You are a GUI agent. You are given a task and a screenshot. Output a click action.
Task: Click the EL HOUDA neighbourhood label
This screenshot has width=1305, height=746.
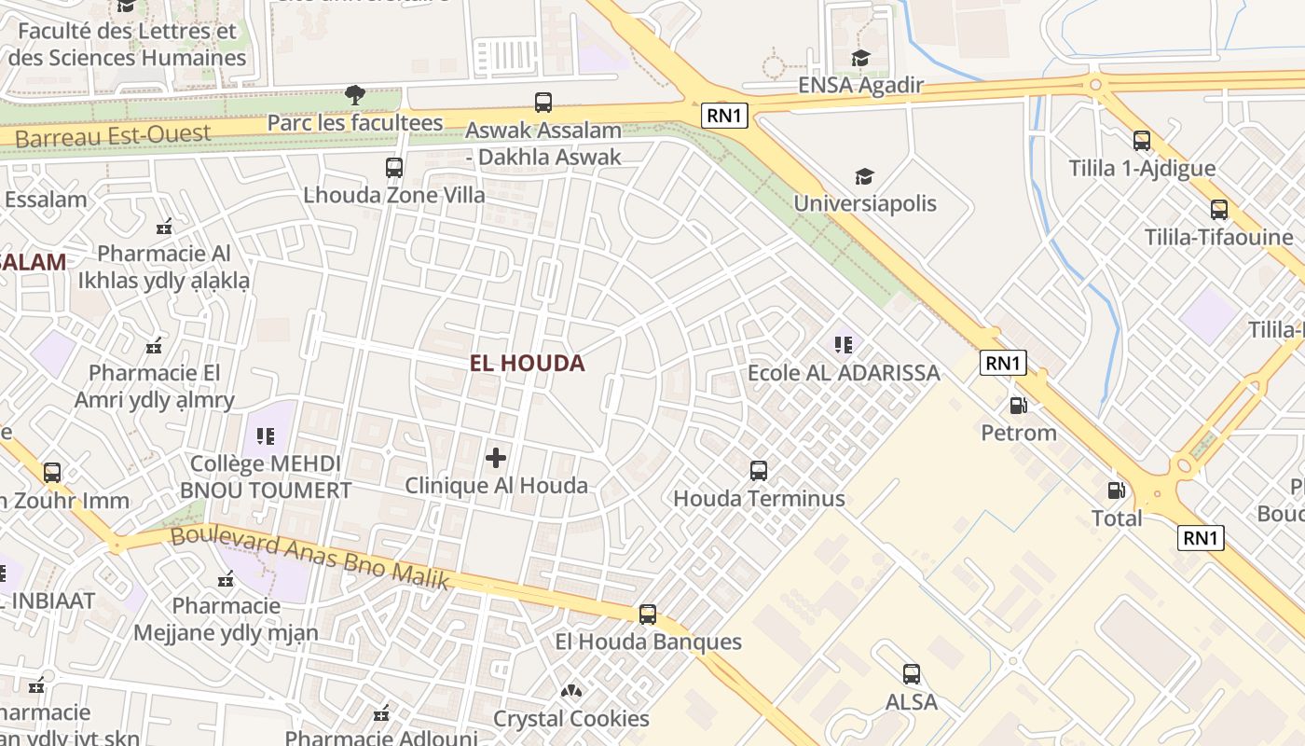(527, 364)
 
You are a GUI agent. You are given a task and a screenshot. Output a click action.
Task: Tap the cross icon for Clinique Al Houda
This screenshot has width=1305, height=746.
(496, 458)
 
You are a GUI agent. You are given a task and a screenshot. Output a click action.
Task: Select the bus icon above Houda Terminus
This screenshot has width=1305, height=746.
(759, 471)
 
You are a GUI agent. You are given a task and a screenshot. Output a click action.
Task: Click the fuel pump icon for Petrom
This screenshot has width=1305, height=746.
(1019, 406)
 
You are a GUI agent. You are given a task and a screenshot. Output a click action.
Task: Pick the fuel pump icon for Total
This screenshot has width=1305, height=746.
(1116, 490)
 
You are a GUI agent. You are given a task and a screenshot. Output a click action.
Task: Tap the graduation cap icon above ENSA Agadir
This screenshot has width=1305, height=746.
(860, 59)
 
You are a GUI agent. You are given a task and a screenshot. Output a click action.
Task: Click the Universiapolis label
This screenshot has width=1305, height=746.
(864, 203)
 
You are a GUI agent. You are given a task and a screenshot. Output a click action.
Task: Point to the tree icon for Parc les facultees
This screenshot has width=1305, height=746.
(354, 94)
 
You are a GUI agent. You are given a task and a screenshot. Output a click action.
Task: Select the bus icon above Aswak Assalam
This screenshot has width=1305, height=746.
(543, 103)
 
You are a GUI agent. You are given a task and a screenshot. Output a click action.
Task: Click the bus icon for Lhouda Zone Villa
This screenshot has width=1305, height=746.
(394, 168)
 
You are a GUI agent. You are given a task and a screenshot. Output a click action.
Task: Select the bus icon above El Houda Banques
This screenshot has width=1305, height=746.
(648, 615)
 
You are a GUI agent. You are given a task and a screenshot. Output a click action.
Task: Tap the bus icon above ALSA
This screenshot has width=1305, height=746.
(911, 673)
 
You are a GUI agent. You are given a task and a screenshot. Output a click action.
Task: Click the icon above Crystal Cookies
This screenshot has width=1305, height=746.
(570, 691)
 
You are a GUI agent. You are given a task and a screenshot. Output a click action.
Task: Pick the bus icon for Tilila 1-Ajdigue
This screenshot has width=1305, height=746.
(1142, 141)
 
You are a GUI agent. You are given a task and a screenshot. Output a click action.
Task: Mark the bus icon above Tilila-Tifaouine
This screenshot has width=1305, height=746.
(1218, 210)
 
